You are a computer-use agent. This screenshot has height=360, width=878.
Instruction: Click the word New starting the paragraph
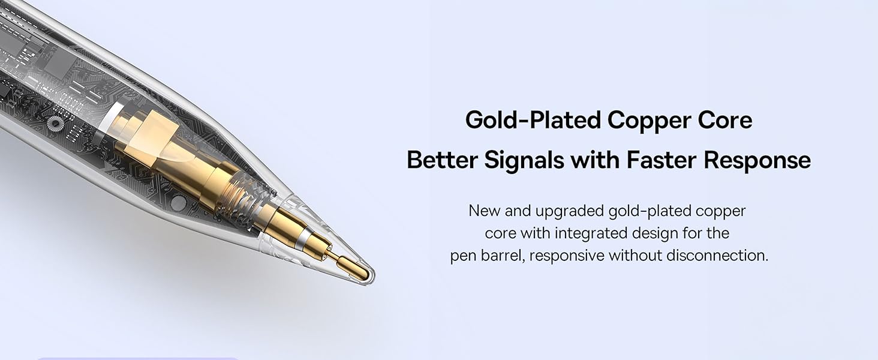pyautogui.click(x=483, y=211)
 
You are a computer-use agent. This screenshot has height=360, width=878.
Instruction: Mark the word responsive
pyautogui.click(x=567, y=255)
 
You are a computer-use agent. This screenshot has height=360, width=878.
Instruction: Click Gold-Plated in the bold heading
pyautogui.click(x=533, y=120)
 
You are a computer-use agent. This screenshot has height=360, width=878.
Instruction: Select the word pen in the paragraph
pyautogui.click(x=462, y=255)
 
